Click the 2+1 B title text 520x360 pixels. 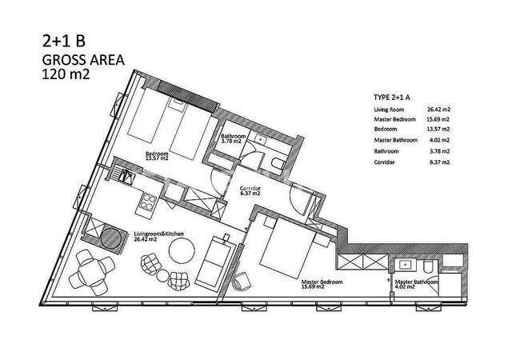[64, 41]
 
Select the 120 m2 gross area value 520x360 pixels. [66, 74]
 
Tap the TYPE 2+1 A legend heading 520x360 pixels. [392, 98]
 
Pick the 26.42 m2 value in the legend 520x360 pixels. [438, 110]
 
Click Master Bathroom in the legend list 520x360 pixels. [396, 140]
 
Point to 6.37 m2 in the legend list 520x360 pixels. [440, 162]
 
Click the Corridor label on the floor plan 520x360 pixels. [250, 189]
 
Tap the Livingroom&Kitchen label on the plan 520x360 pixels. [158, 234]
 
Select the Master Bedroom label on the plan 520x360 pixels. [322, 282]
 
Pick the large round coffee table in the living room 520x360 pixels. [182, 251]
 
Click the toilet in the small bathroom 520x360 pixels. [278, 163]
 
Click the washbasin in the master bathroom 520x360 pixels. [405, 265]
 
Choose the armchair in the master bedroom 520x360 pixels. [242, 281]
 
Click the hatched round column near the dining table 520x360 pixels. [110, 238]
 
